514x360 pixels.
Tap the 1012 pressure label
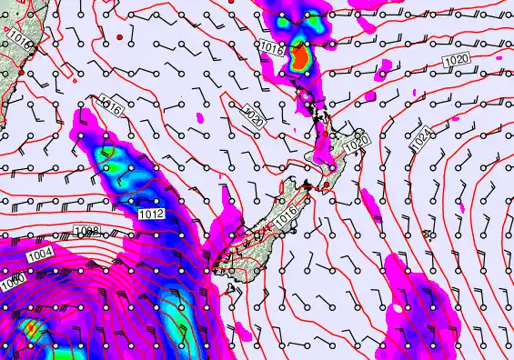click(x=152, y=214)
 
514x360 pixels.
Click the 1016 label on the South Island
click(x=288, y=213)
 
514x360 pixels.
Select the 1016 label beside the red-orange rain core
click(x=269, y=47)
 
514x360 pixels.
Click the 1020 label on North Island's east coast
click(x=357, y=143)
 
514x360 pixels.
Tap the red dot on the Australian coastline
click(x=19, y=73)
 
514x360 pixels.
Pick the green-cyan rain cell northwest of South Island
click(x=116, y=162)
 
